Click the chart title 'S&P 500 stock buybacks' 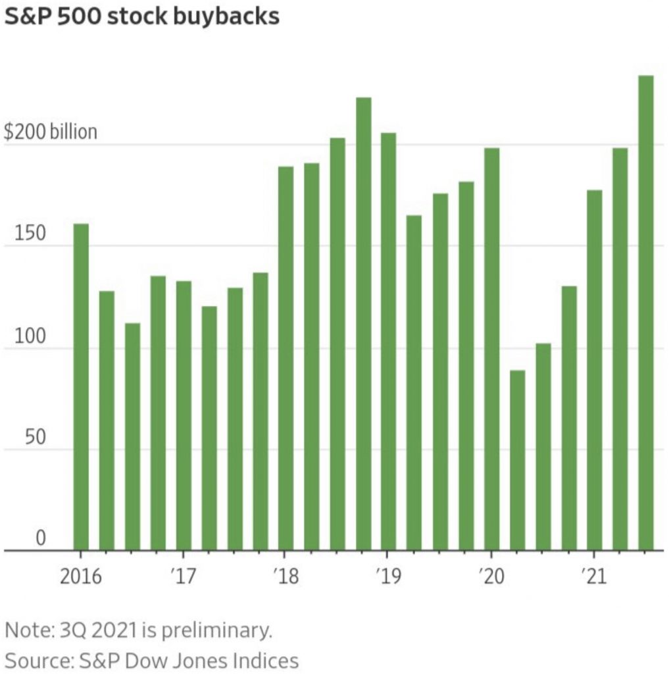(141, 16)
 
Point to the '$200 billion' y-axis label (51, 132)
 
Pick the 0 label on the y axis (41, 538)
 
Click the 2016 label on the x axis (81, 577)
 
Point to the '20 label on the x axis (489, 577)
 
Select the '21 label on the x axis (593, 577)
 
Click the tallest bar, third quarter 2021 (646, 313)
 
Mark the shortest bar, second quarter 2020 (518, 460)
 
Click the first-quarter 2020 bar (492, 349)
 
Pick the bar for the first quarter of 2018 (286, 358)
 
